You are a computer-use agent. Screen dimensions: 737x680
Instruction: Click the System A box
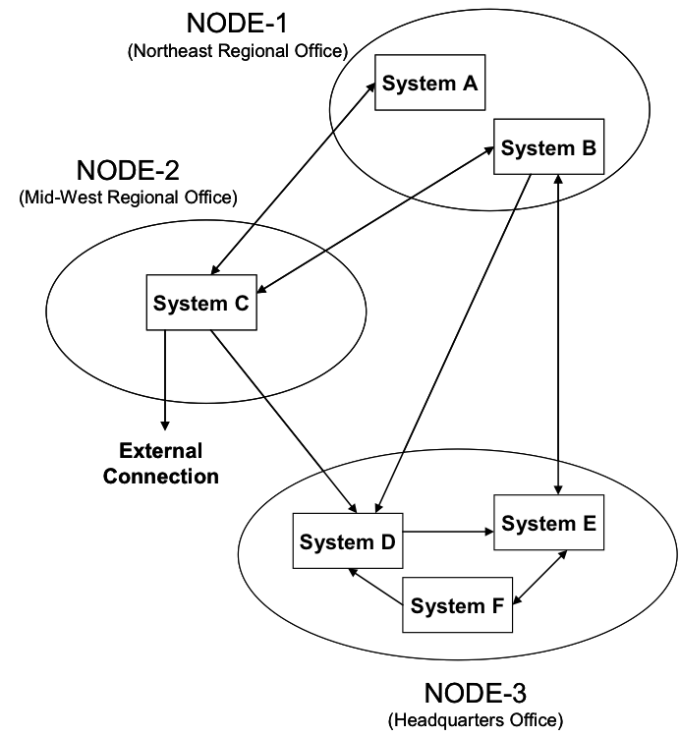[x=430, y=83]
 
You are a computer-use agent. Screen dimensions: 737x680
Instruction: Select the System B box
[x=548, y=148]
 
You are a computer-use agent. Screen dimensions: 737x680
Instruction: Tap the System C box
[x=201, y=303]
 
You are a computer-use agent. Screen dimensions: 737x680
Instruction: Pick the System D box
[x=348, y=541]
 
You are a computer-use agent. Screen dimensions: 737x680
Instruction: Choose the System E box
[x=549, y=524]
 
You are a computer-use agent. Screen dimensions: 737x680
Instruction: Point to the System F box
[x=458, y=605]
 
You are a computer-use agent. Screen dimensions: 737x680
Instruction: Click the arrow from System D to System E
[x=448, y=532]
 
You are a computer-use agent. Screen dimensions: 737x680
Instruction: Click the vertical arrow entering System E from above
[x=558, y=477]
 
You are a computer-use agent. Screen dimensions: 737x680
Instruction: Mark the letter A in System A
[x=470, y=84]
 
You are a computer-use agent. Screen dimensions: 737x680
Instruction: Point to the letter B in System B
[x=588, y=149]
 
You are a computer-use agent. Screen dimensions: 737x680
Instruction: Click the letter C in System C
[x=241, y=304]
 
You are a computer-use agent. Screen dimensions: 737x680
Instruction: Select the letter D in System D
[x=387, y=542]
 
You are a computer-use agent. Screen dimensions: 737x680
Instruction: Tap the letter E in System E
[x=589, y=525]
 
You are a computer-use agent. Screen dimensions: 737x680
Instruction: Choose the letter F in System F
[x=497, y=606]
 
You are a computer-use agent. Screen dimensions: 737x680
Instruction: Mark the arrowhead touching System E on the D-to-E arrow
[x=488, y=532]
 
